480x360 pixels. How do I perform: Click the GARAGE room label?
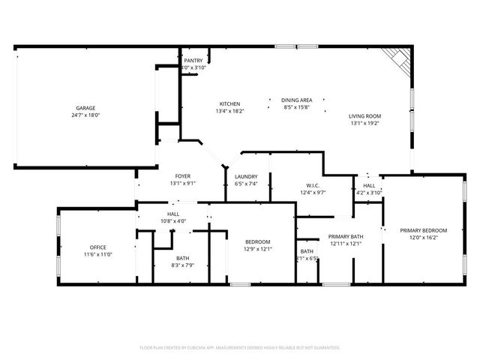(x=85, y=108)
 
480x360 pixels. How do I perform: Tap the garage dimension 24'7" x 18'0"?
(x=85, y=115)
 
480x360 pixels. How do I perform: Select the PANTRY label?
(x=193, y=61)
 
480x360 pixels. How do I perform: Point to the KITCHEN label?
(x=229, y=103)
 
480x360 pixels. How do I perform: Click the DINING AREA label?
(x=297, y=100)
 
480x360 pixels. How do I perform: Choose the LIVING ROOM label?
(x=365, y=115)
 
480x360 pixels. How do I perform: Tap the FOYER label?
(x=183, y=175)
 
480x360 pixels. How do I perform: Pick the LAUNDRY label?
(x=246, y=176)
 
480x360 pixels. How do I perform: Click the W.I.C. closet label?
(x=314, y=186)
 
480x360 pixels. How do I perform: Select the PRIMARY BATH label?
(x=346, y=236)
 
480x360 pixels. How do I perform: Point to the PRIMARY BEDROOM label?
(x=424, y=230)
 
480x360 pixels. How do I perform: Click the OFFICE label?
(x=97, y=247)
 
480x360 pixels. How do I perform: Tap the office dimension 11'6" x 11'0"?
(x=97, y=255)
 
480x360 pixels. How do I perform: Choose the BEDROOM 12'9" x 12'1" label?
(x=258, y=241)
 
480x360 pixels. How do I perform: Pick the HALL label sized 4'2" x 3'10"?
(x=369, y=185)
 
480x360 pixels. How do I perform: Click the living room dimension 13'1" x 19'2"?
(x=365, y=123)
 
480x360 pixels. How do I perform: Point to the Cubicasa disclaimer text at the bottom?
(x=240, y=347)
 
